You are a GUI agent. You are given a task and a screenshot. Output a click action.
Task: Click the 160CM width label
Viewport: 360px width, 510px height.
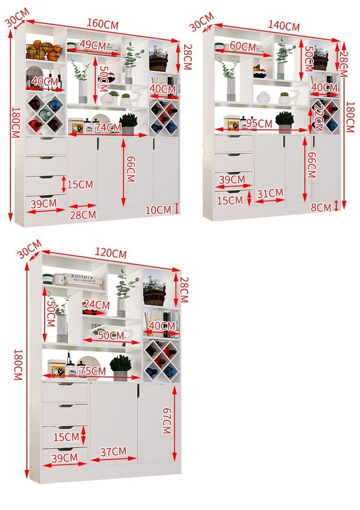pyautogui.click(x=102, y=24)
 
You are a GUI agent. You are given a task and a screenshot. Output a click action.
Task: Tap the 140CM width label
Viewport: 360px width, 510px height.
pyautogui.click(x=283, y=25)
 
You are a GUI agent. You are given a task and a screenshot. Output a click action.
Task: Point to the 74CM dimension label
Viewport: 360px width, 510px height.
pyautogui.click(x=109, y=128)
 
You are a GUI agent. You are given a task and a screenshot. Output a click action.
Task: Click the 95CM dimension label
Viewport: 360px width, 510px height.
pyautogui.click(x=259, y=123)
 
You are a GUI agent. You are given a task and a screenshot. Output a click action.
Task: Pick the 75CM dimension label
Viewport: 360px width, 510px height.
pyautogui.click(x=93, y=371)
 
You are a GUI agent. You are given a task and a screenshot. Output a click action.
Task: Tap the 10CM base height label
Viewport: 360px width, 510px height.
pyautogui.click(x=158, y=210)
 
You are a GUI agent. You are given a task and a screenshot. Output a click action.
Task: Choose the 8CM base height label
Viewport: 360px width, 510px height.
pyautogui.click(x=321, y=207)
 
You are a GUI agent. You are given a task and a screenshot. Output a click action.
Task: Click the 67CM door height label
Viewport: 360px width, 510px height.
pyautogui.click(x=166, y=421)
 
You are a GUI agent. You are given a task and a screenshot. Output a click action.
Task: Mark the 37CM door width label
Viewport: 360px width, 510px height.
pyautogui.click(x=113, y=451)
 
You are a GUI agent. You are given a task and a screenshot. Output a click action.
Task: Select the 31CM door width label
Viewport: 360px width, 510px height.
pyautogui.click(x=270, y=194)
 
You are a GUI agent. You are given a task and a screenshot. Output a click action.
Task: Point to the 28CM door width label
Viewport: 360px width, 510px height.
pyautogui.click(x=83, y=214)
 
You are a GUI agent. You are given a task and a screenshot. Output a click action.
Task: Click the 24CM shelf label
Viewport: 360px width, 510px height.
pyautogui.click(x=96, y=305)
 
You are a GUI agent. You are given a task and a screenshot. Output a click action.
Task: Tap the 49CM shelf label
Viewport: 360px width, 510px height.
pyautogui.click(x=93, y=45)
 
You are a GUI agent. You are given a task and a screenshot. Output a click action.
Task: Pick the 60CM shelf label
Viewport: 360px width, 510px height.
pyautogui.click(x=243, y=46)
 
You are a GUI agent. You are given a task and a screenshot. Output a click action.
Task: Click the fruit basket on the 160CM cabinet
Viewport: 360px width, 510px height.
pyautogui.click(x=44, y=51)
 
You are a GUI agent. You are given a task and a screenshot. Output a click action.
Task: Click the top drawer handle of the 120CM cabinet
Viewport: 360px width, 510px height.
pyautogui.click(x=65, y=384)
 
